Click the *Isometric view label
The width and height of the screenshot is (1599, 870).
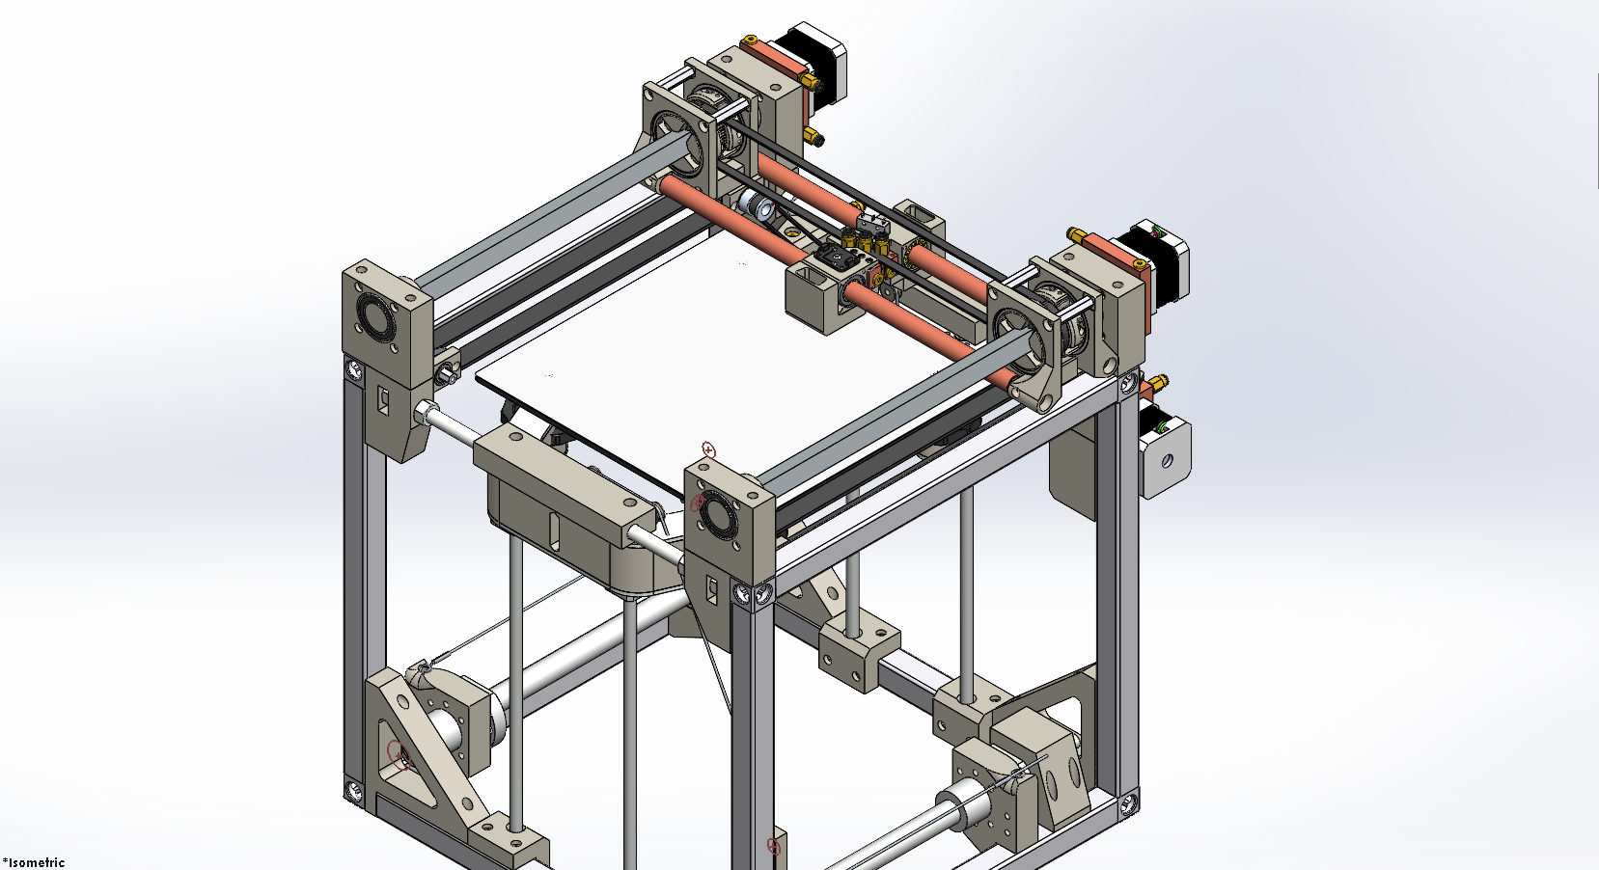point(34,862)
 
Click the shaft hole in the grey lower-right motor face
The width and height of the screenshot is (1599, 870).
point(1167,461)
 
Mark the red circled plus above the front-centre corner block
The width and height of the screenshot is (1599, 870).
point(708,449)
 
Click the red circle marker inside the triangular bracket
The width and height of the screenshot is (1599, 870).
point(397,753)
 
